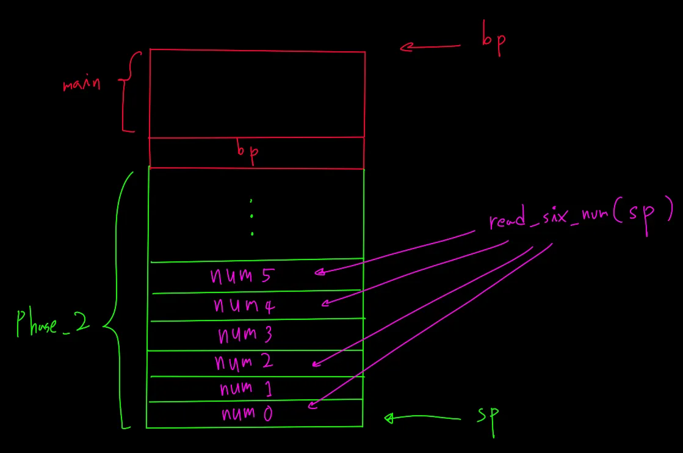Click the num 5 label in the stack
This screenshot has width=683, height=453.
tap(240, 277)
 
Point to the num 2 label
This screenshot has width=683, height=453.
tap(244, 363)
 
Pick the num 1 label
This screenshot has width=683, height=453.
tap(244, 388)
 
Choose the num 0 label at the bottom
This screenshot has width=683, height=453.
tap(247, 414)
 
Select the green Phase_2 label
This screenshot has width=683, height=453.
tap(53, 323)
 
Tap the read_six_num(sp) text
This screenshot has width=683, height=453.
tap(580, 217)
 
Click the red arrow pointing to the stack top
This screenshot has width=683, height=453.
tap(430, 46)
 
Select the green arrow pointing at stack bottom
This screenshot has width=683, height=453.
tap(421, 418)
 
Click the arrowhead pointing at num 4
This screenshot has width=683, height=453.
tap(327, 303)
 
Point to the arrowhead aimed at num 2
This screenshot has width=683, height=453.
tap(316, 364)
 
